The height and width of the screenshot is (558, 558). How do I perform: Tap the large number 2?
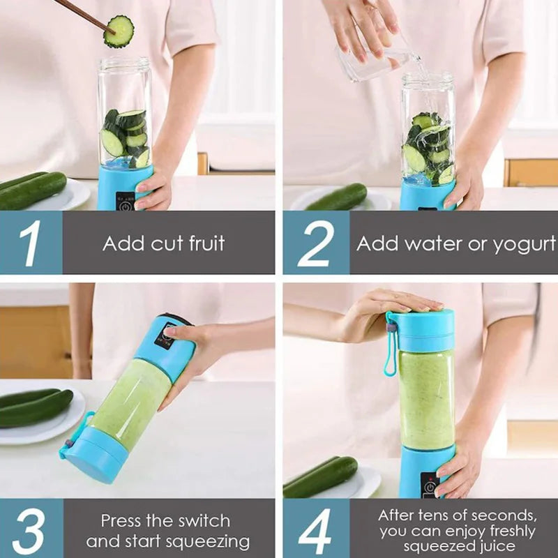(x=315, y=243)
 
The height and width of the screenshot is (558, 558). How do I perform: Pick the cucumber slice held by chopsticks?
(x=119, y=31)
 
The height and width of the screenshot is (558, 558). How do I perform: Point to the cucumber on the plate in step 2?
(x=338, y=198)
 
